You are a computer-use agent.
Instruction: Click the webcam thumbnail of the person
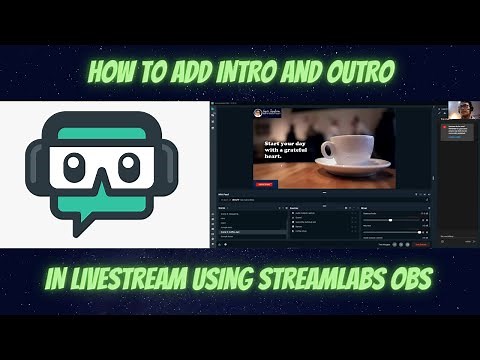point(455,109)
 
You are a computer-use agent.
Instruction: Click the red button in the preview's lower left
point(265,183)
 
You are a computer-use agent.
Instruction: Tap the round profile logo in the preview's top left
point(258,113)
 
